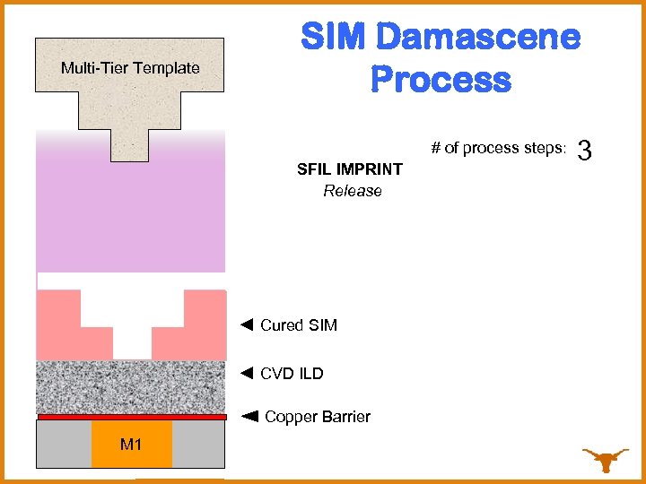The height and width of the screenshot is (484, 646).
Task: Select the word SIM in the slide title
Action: [x=334, y=38]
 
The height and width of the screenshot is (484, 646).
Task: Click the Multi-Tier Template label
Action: [x=130, y=68]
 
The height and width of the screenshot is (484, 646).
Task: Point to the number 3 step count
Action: [x=586, y=151]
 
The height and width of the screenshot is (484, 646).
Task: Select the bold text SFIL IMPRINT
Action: [x=350, y=169]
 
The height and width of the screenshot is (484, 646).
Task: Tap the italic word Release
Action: [x=353, y=191]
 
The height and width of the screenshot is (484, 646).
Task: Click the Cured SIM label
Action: [x=299, y=325]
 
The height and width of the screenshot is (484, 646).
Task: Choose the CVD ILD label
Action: [x=292, y=373]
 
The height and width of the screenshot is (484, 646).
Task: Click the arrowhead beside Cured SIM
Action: [x=248, y=324]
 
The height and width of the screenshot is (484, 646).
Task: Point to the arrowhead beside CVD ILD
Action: [x=248, y=372]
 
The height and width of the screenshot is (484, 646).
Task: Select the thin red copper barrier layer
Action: [x=131, y=417]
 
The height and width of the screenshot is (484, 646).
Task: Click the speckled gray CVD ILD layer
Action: [x=131, y=386]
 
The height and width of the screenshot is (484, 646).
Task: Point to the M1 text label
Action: [x=131, y=445]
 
